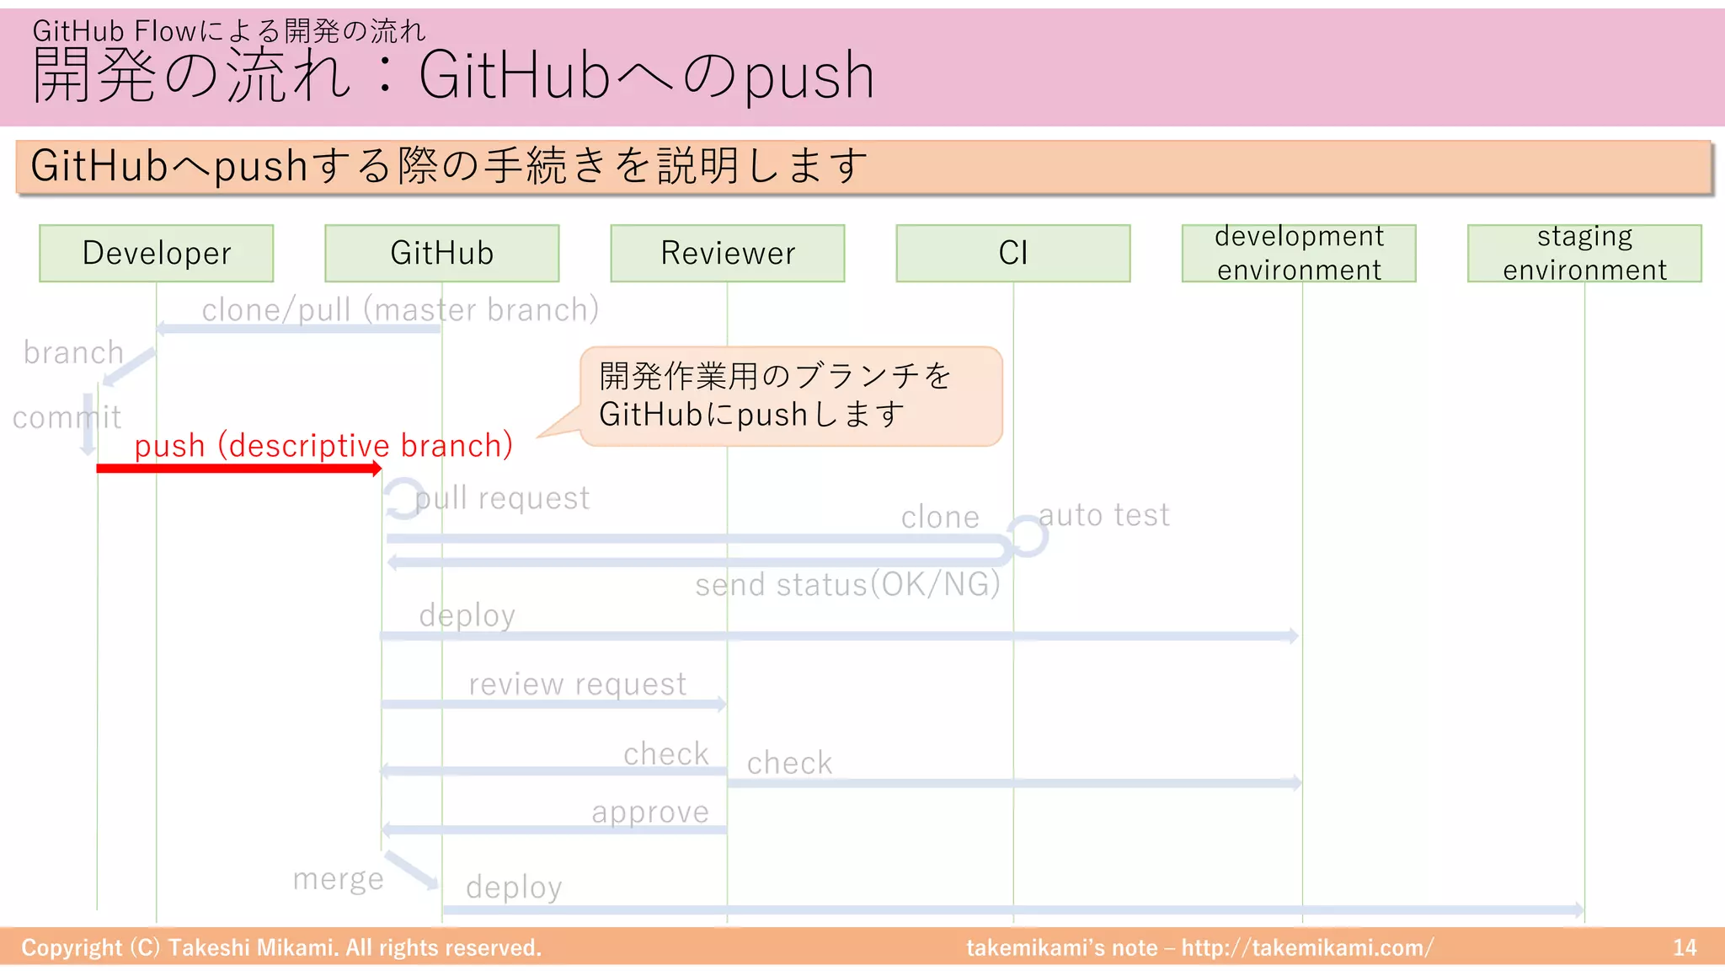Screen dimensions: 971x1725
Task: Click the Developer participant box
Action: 157,253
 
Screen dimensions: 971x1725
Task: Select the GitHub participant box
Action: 441,253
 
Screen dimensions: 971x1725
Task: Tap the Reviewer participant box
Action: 728,253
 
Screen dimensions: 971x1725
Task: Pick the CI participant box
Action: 1012,253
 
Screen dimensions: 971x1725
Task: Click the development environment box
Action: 1299,253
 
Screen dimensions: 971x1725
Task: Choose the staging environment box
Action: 1584,253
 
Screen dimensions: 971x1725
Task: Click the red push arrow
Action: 239,469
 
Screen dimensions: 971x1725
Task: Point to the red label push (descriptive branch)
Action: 323,445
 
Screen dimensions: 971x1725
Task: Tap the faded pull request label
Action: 502,498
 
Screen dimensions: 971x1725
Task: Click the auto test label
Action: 1103,515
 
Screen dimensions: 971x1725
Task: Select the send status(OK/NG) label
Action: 847,584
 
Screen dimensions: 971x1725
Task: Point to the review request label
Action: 578,684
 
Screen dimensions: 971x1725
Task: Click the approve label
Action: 650,812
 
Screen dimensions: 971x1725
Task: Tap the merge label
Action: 338,878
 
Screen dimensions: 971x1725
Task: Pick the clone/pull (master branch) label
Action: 401,310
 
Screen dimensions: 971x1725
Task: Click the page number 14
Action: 1685,947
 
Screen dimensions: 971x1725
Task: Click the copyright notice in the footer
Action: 281,947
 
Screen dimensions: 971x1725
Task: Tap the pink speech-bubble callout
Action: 790,396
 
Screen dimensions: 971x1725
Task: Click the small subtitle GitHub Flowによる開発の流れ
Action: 229,31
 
